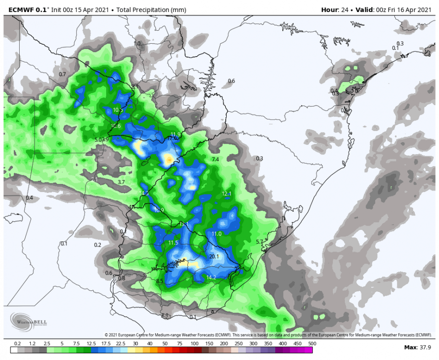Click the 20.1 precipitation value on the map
[214, 256]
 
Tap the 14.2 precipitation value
[211, 277]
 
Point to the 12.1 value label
[227, 193]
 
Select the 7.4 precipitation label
[215, 159]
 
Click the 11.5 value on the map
[173, 243]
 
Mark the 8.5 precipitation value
[160, 281]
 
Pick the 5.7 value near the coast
[260, 241]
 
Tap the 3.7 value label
[121, 182]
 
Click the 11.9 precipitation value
[175, 134]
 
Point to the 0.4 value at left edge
[29, 198]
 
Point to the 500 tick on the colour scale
[312, 344]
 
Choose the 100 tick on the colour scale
[195, 344]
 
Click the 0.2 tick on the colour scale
[18, 344]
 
